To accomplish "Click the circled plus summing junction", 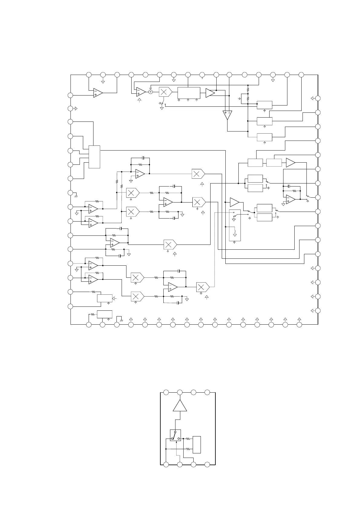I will point(151,92).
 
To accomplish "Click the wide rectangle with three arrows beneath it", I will point(189,92).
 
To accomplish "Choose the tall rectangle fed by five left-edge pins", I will point(94,157).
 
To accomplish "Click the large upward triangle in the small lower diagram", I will point(180,406).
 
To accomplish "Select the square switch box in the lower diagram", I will point(175,435).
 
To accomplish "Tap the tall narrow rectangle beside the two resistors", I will point(197,445).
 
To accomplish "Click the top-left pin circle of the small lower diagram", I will point(166,392).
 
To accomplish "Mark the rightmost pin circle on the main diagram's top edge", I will point(301,75).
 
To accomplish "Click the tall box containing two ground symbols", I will point(235,225).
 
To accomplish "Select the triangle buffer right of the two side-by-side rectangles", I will point(290,163).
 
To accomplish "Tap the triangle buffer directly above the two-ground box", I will point(234,202).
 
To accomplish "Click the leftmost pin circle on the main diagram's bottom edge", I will point(89,325).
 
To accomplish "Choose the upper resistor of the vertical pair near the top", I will point(248,89).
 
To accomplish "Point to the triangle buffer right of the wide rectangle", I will point(210,93).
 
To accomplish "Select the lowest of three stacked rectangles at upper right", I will point(264,137).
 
